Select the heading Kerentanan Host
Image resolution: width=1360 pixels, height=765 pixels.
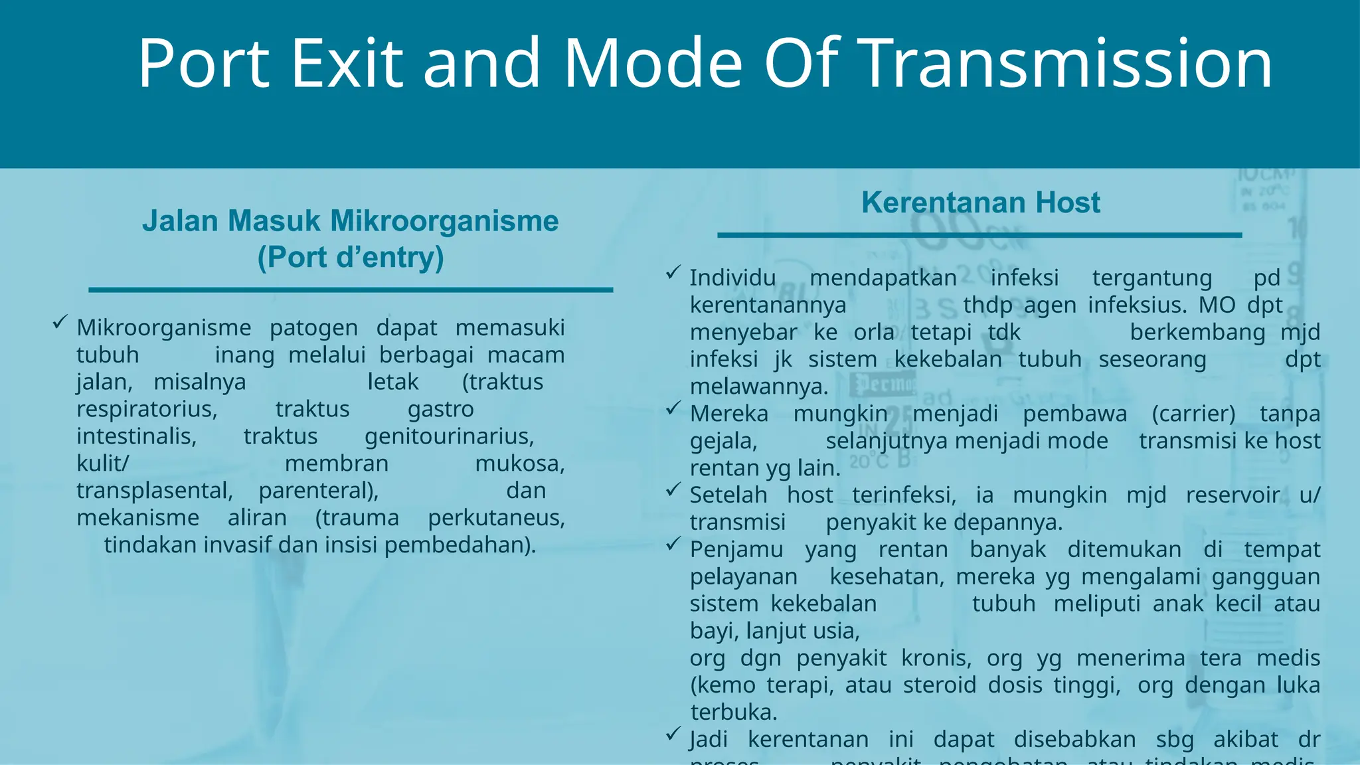pos(980,203)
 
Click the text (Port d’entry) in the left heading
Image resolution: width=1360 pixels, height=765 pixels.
pos(351,258)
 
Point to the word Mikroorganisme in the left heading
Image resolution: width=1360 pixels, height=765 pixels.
pos(444,221)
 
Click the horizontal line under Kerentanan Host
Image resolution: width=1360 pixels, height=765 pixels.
pos(979,235)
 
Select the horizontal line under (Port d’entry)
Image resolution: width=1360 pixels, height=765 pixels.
pos(351,290)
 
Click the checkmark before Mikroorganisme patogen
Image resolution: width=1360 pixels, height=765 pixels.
pos(60,323)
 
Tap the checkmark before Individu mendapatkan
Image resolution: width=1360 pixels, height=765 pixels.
pos(673,272)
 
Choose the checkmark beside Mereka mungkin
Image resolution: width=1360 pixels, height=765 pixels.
pos(673,408)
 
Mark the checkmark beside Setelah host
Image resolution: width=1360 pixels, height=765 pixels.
pos(673,489)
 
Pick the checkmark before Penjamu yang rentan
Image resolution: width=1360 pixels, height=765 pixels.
pos(673,544)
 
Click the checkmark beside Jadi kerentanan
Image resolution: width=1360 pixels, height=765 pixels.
pos(673,734)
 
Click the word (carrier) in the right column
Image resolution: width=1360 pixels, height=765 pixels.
pos(1193,414)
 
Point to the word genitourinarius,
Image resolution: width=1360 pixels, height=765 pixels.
pos(450,436)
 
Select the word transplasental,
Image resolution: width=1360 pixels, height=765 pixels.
pos(155,491)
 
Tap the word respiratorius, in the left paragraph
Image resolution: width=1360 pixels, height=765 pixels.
pos(147,409)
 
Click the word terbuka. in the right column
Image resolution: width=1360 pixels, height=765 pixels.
pos(734,713)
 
